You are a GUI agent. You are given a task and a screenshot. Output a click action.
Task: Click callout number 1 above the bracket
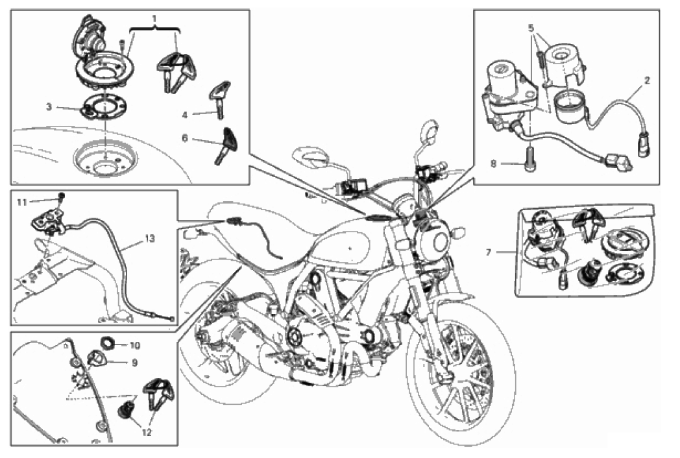click(x=154, y=19)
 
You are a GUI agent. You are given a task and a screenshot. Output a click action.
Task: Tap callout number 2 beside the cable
click(x=647, y=80)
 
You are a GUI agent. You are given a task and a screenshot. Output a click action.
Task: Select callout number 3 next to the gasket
click(x=49, y=106)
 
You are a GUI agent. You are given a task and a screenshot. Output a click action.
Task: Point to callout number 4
click(x=185, y=115)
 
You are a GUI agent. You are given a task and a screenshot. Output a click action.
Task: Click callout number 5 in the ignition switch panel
click(x=531, y=28)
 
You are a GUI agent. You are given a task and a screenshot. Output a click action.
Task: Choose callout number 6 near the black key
click(x=185, y=139)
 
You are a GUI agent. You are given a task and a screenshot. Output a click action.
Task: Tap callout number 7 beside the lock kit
click(x=489, y=252)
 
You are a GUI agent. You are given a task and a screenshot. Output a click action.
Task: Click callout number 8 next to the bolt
click(x=493, y=164)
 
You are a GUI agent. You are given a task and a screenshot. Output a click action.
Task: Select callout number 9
click(x=134, y=363)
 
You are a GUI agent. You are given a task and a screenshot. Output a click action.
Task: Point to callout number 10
click(x=135, y=346)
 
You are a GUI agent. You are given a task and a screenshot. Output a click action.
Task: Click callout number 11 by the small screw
click(x=21, y=202)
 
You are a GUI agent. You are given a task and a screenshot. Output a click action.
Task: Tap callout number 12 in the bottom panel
click(x=147, y=433)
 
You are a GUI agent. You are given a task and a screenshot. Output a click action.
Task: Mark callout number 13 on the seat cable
click(x=150, y=239)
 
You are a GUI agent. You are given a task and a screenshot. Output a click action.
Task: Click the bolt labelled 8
click(x=529, y=159)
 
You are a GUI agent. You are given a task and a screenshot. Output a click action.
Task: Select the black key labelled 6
click(x=227, y=145)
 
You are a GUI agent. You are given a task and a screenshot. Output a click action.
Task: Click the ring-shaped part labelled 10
click(x=107, y=343)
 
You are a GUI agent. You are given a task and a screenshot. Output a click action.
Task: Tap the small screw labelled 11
click(x=62, y=197)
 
